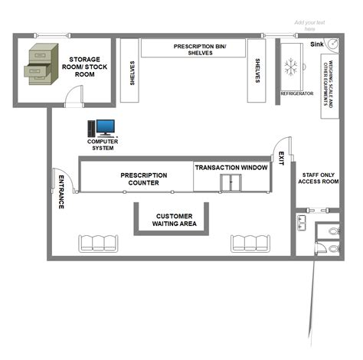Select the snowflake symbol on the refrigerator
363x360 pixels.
click(x=291, y=67)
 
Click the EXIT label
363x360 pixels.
click(x=281, y=158)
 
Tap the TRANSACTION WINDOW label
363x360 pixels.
click(x=231, y=167)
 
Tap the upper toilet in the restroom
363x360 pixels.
click(x=332, y=230)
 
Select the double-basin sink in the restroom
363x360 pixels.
click(x=301, y=223)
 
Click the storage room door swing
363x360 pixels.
click(x=74, y=94)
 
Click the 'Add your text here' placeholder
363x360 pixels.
click(x=310, y=25)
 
